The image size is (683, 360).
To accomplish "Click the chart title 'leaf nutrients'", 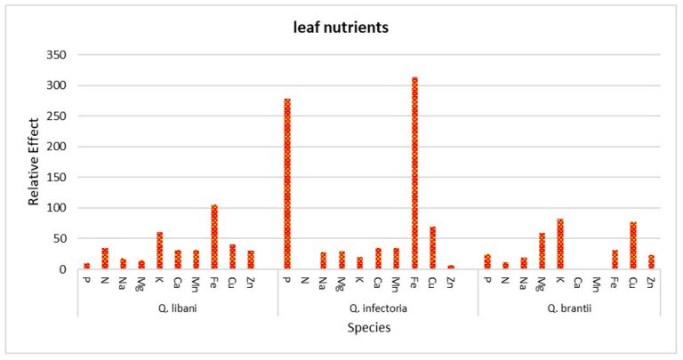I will coord(341,28).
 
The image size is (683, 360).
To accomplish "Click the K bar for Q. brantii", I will coord(560,244).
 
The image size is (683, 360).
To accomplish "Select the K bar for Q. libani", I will coord(160,251).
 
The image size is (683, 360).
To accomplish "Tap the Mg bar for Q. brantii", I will coord(542,251).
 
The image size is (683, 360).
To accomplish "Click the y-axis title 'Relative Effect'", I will coord(34,162).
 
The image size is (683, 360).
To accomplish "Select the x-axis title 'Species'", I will coord(368,328).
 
